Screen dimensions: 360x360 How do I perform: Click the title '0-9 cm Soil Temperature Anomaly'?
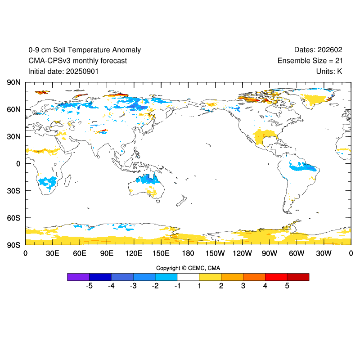85,50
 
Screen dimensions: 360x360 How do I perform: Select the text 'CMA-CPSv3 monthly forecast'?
77,61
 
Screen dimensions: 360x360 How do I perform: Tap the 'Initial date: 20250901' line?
63,71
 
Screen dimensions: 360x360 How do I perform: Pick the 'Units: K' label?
329,71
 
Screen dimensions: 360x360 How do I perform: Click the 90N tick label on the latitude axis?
13,82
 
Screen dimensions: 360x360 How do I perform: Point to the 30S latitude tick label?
13,191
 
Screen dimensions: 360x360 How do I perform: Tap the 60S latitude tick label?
13,218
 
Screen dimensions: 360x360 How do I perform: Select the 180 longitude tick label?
188,253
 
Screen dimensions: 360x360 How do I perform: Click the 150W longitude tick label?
215,253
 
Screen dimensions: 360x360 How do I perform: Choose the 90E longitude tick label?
107,253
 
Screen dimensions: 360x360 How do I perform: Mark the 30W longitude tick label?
324,253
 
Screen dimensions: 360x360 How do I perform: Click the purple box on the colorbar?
78,277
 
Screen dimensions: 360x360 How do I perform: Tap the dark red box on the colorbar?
298,277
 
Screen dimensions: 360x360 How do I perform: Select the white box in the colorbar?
188,277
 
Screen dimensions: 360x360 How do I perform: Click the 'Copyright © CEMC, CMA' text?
188,268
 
